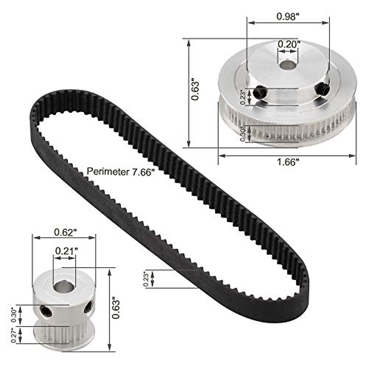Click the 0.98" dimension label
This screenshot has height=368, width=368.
point(288,17)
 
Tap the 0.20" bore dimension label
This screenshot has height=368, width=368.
point(288,44)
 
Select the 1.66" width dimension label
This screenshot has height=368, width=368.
point(288,162)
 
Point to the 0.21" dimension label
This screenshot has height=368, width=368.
point(65,251)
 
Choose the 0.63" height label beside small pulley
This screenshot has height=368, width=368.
point(116,310)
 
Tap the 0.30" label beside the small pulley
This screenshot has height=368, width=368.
point(13,315)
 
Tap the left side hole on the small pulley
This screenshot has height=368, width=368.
point(46,311)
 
